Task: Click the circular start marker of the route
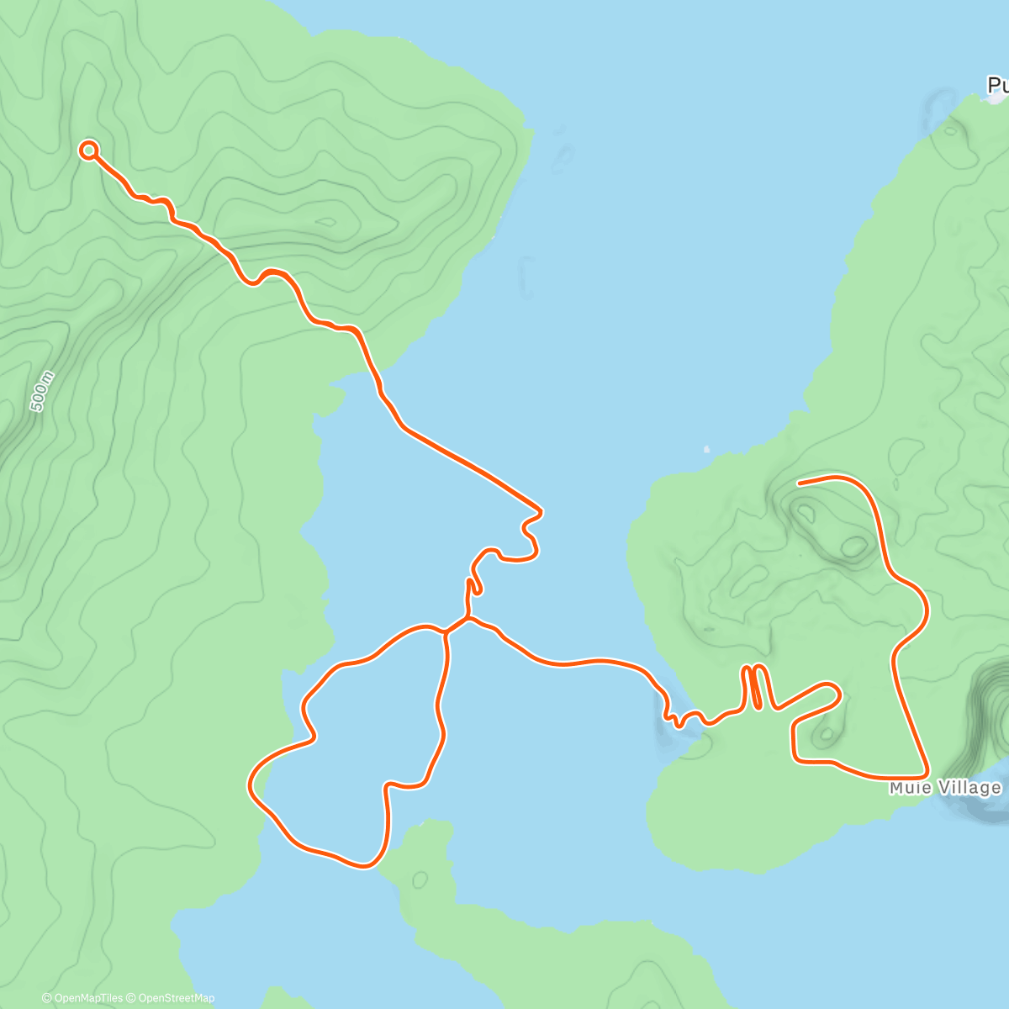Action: click(88, 151)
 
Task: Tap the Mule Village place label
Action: click(946, 788)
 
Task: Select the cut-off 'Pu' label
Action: click(998, 85)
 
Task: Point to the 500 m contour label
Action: click(41, 391)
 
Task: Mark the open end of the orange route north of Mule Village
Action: click(799, 483)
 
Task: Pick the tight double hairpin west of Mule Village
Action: click(753, 685)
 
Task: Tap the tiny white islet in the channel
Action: click(706, 448)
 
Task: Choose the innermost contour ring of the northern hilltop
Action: click(327, 223)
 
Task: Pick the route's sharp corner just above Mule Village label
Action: click(926, 772)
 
